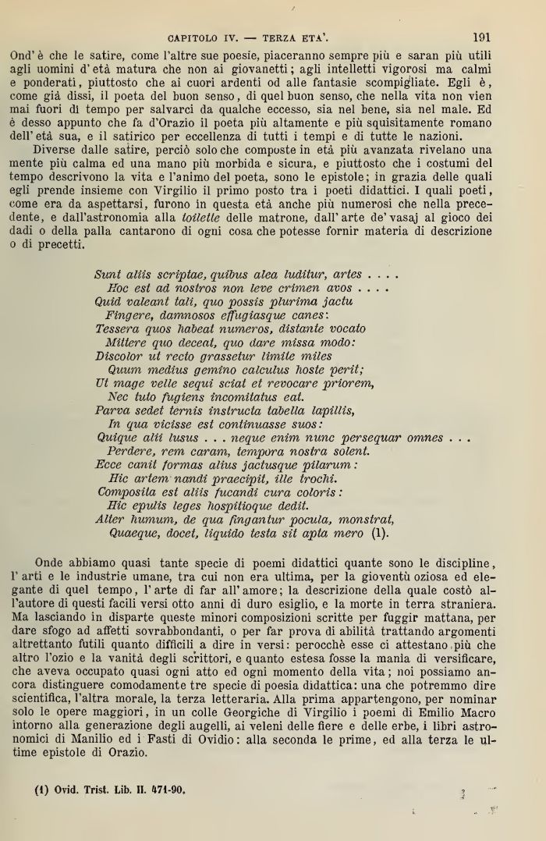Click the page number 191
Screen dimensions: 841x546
point(480,36)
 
